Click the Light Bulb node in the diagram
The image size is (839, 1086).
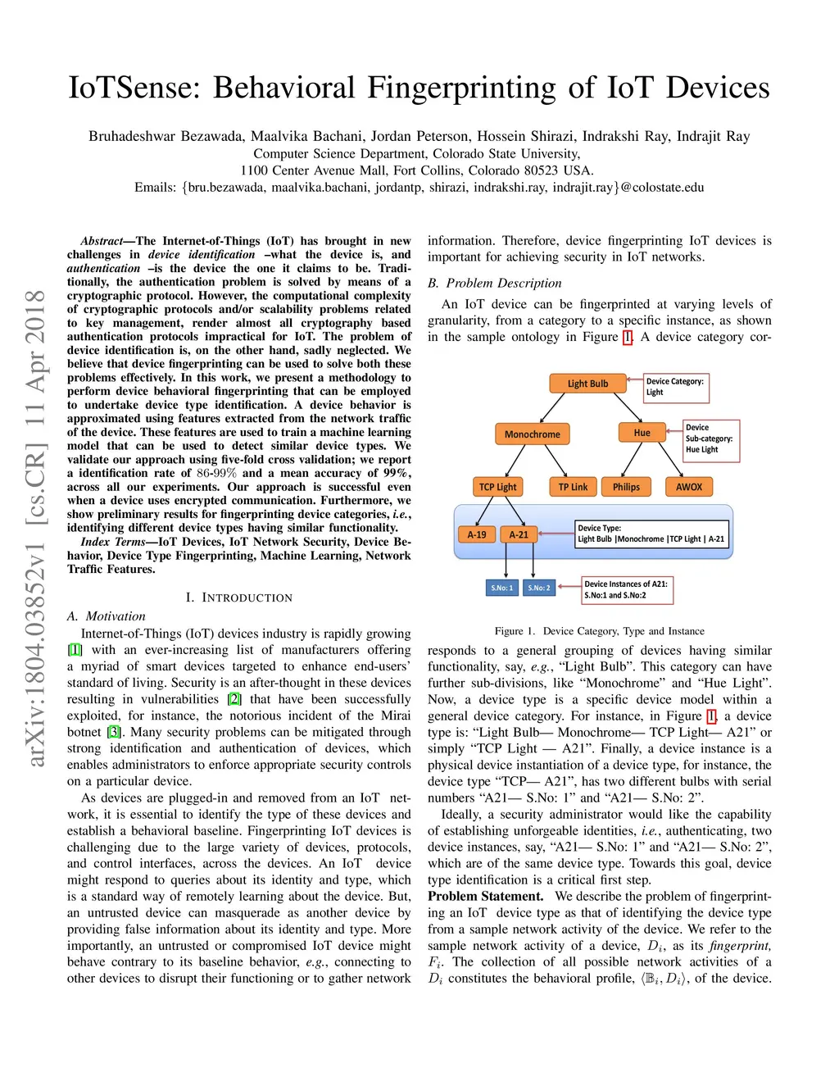(x=587, y=383)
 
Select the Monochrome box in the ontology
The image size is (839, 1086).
(x=532, y=434)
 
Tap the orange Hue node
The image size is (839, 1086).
(x=642, y=433)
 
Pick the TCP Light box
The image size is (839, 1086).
(x=497, y=487)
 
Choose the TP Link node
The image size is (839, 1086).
(x=573, y=487)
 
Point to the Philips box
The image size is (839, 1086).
(x=626, y=487)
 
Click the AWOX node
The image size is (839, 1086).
(x=688, y=487)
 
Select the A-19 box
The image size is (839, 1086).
(x=476, y=534)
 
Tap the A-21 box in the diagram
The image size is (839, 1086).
(x=519, y=534)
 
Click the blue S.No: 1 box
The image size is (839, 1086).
(x=501, y=588)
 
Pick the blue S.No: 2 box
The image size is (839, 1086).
(x=539, y=588)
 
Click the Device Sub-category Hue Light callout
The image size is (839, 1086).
(x=711, y=438)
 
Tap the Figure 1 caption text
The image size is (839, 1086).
(x=599, y=631)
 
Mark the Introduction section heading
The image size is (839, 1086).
(x=238, y=598)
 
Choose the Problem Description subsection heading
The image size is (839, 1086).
(x=495, y=283)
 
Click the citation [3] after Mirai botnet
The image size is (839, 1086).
(x=114, y=732)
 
